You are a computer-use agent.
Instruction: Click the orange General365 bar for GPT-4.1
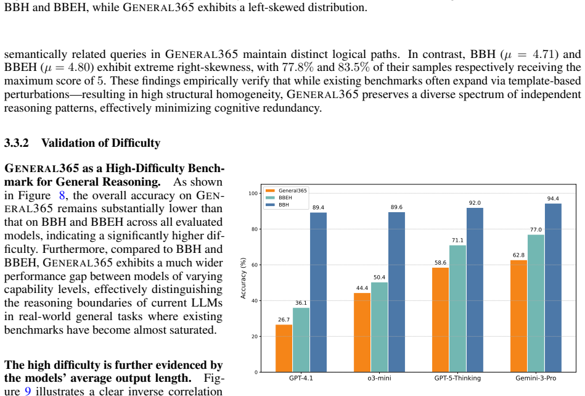(284, 349)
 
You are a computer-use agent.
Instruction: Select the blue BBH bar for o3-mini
(396, 292)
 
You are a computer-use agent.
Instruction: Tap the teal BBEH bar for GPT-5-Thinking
(457, 308)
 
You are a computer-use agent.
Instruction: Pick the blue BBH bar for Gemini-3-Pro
(553, 288)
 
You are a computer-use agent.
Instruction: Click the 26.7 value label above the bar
(284, 320)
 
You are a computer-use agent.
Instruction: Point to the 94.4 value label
(553, 199)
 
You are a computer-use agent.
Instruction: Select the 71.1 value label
(457, 241)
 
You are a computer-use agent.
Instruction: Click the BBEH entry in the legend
(285, 197)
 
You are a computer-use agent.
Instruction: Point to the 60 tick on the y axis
(255, 265)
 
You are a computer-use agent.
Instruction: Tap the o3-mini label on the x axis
(380, 378)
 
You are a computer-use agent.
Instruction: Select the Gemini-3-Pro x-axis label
(536, 378)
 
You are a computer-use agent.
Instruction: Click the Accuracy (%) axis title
(243, 278)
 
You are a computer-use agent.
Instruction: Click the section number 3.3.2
(17, 143)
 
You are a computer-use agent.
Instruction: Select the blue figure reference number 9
(28, 391)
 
